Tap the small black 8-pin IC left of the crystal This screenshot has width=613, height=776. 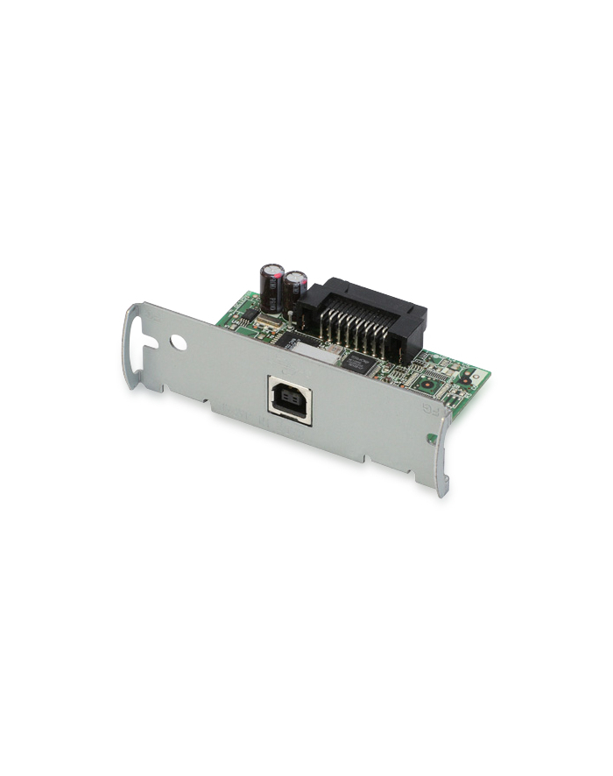(x=247, y=314)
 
